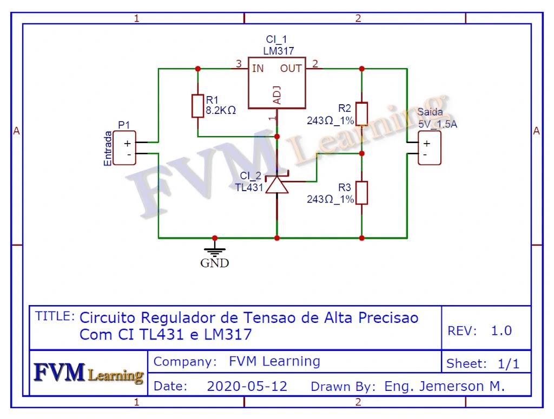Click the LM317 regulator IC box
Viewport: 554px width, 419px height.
point(276,83)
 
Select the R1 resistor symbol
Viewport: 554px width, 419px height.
point(197,106)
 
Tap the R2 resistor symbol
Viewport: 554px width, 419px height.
point(361,113)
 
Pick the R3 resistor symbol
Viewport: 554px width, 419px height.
point(361,193)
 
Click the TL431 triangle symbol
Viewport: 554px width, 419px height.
point(277,185)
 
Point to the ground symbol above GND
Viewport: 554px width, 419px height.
point(215,251)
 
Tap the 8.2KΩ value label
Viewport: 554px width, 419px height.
point(221,111)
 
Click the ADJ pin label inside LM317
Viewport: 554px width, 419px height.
point(276,94)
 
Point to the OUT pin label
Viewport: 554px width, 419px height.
point(291,69)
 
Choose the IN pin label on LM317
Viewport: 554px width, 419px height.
point(258,69)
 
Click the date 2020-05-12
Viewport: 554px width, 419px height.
point(247,387)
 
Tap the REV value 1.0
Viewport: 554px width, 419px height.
point(501,330)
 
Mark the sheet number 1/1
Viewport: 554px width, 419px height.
point(508,364)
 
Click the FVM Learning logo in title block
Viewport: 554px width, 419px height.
point(89,373)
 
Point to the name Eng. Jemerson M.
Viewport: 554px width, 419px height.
point(444,387)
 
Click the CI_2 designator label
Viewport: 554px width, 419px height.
point(250,176)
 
